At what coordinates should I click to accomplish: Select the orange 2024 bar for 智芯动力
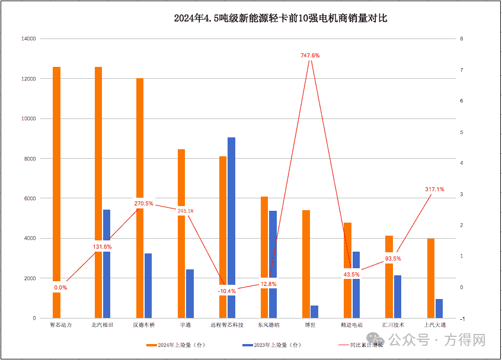tap(57, 178)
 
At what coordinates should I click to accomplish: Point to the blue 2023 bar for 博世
tap(314, 312)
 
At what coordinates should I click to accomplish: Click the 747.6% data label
tap(310, 55)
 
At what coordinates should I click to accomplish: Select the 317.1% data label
tap(434, 189)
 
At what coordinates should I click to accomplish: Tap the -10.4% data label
tap(226, 291)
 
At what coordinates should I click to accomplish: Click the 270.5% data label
tap(144, 203)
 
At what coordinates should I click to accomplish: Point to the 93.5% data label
tap(392, 258)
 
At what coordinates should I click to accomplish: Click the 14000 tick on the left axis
tap(28, 39)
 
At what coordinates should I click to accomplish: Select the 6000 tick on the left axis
tap(30, 198)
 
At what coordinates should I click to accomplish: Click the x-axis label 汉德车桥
tap(144, 325)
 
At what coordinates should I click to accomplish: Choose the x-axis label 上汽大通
tap(434, 325)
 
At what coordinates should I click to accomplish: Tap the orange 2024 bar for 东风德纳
tap(264, 237)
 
